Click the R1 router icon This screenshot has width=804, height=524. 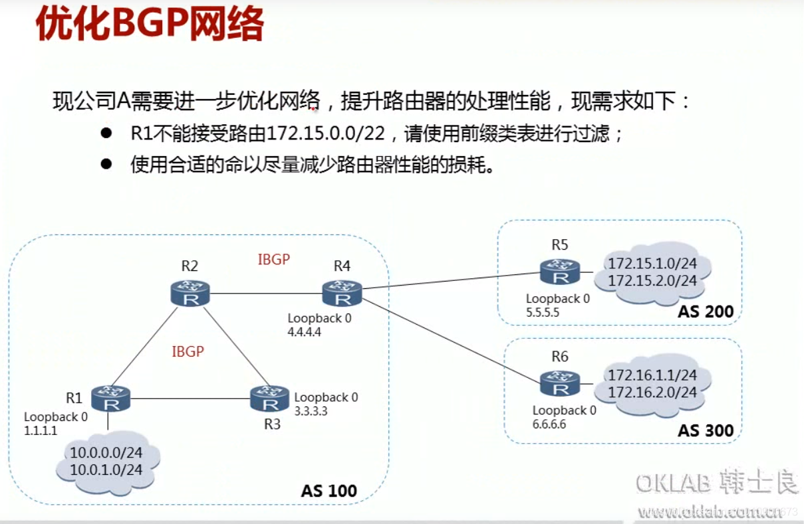(x=110, y=398)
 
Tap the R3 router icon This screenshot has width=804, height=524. (x=269, y=398)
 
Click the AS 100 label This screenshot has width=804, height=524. (x=329, y=491)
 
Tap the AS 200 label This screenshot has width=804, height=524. (x=706, y=311)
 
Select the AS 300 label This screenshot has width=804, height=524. (x=706, y=430)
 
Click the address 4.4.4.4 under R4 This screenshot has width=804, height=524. (x=305, y=332)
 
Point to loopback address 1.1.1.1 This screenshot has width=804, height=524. (x=41, y=430)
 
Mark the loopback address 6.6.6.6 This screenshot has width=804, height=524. (x=549, y=424)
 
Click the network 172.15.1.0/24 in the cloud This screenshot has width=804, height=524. (x=652, y=264)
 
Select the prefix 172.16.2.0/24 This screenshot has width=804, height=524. (x=652, y=393)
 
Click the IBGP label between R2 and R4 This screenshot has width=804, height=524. (x=274, y=260)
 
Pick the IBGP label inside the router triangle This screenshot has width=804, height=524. (x=188, y=351)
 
